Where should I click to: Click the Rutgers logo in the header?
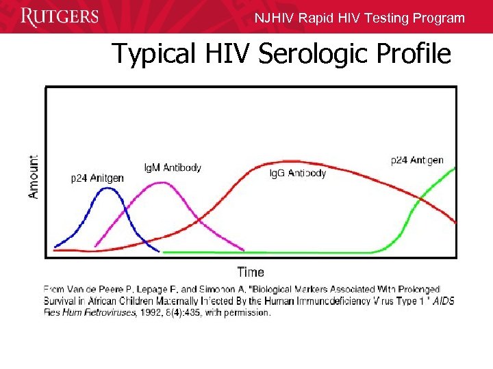click(60, 16)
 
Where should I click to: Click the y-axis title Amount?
click(34, 176)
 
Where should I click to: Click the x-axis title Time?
click(251, 272)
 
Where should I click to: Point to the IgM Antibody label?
click(173, 167)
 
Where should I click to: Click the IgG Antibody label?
click(298, 173)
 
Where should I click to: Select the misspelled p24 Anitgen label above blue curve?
click(98, 178)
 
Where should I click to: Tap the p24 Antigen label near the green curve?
click(417, 161)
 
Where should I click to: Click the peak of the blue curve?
click(106, 189)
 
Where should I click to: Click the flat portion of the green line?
click(274, 252)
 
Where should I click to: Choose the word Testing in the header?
click(388, 18)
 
